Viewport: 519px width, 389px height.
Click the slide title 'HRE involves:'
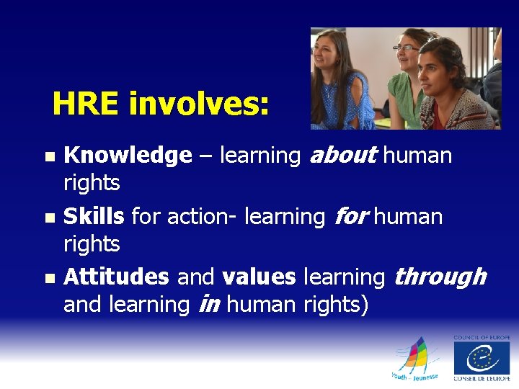pos(161,105)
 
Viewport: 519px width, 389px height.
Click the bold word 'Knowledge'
pos(128,155)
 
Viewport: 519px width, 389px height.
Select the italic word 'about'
pos(343,155)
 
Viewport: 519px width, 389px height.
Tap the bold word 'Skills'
pos(94,216)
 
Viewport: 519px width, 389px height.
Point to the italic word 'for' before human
pos(352,216)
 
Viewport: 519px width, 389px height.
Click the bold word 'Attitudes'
pos(116,277)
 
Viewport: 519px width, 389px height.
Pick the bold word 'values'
pos(259,277)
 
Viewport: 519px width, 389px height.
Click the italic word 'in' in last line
pos(208,305)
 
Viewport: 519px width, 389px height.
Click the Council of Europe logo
pos(481,358)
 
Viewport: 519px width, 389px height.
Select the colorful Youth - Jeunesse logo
pos(415,359)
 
